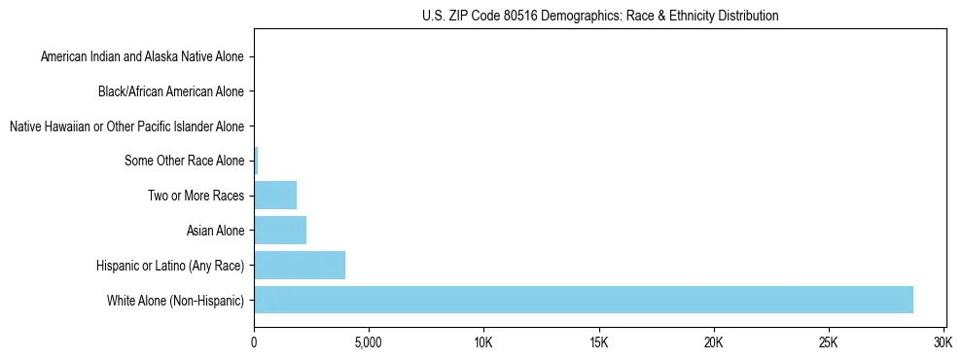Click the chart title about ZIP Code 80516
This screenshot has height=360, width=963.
click(x=600, y=16)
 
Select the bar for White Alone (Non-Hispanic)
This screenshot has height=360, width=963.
click(x=584, y=300)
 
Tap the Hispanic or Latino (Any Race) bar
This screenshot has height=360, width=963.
click(x=300, y=265)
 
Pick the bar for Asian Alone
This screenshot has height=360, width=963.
click(x=280, y=231)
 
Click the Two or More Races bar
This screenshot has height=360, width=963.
click(x=275, y=196)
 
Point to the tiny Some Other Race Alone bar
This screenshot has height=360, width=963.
click(x=256, y=161)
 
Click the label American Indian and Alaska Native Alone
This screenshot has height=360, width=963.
click(x=142, y=57)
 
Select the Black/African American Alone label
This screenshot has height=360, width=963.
click(x=171, y=91)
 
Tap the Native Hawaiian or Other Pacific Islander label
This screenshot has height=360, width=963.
click(x=126, y=126)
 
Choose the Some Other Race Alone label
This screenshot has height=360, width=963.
click(x=185, y=161)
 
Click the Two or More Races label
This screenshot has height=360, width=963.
click(x=196, y=196)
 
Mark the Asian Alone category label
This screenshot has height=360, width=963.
click(x=215, y=231)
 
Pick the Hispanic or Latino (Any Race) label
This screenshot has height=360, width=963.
click(x=170, y=265)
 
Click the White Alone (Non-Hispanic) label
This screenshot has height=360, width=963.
click(x=175, y=300)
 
